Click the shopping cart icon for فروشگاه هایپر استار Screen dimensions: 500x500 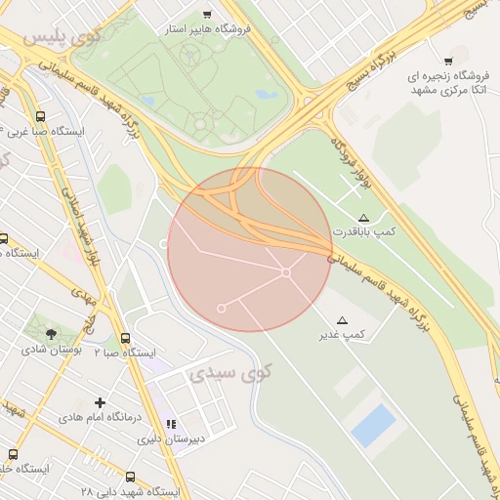[207, 14]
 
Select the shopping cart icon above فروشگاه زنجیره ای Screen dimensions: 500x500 [448, 62]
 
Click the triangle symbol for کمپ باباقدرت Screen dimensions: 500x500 [364, 217]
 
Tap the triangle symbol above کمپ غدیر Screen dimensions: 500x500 [342, 320]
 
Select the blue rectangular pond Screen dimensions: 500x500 [374, 426]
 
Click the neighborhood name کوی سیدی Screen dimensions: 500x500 [230, 372]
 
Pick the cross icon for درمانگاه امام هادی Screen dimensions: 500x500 [100, 401]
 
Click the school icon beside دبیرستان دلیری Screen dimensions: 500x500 [172, 424]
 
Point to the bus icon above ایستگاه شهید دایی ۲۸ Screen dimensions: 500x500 [131, 477]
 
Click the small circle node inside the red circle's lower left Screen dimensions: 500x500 [222, 309]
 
